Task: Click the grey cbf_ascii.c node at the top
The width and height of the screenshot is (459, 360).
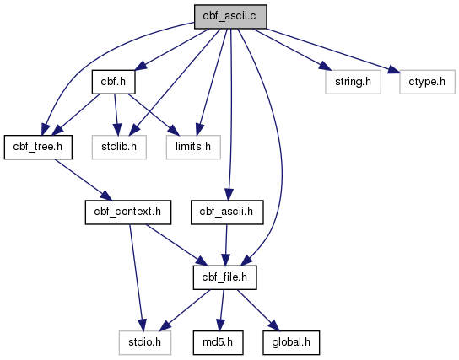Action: point(230,17)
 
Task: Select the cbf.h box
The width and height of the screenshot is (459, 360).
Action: point(113,82)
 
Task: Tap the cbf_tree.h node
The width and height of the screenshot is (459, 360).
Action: point(38,147)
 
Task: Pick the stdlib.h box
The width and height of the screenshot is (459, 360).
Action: point(119,147)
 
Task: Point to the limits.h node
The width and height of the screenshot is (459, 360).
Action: point(193,147)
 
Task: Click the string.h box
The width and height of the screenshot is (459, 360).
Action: point(353,82)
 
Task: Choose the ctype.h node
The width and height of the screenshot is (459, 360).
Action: point(427,82)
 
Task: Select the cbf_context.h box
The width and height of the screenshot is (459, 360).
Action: point(128,212)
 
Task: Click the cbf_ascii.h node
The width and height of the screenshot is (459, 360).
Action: point(227,212)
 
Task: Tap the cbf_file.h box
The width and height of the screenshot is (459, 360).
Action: point(224,277)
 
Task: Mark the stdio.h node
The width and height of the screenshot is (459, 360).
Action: point(145,343)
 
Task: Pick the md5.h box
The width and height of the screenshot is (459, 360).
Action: point(218,343)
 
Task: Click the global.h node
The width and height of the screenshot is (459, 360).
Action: point(291,343)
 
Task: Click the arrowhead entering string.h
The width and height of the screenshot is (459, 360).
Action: point(325,66)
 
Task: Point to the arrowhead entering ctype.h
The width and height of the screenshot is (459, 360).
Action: point(394,70)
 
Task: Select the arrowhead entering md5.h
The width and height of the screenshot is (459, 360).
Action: point(220,325)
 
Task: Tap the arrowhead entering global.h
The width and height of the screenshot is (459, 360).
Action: point(274,325)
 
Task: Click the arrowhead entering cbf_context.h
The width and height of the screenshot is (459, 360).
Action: point(106,196)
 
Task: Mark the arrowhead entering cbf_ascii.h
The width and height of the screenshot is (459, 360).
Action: point(229,195)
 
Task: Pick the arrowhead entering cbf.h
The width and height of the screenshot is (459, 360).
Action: point(141,66)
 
